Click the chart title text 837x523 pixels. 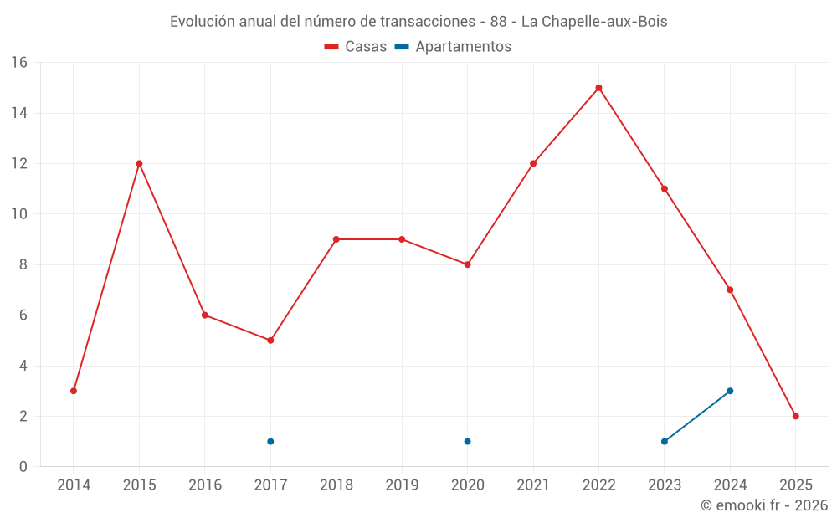(x=418, y=22)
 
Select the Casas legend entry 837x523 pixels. (x=356, y=47)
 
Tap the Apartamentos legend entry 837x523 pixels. (x=453, y=47)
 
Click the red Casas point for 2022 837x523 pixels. (x=598, y=88)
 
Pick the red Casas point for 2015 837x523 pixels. (x=139, y=163)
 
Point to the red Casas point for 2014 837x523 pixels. (x=74, y=391)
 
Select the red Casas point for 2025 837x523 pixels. (x=795, y=416)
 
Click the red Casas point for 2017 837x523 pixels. (x=270, y=341)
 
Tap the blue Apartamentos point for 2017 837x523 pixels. (x=270, y=441)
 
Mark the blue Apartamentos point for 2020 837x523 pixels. (x=467, y=441)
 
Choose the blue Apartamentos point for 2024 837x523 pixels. (x=730, y=391)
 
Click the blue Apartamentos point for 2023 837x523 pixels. (x=665, y=441)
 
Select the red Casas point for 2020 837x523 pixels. (x=467, y=264)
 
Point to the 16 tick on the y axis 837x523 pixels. (x=19, y=63)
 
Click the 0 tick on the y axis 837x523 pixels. (x=23, y=467)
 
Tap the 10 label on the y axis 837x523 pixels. (x=19, y=214)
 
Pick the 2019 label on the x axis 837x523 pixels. (x=402, y=485)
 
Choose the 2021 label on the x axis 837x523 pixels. (x=533, y=485)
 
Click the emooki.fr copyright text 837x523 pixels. (x=763, y=505)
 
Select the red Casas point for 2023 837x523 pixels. (x=665, y=189)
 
